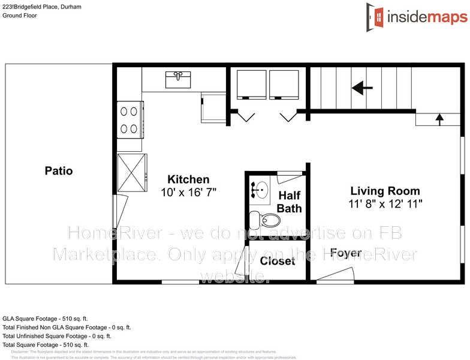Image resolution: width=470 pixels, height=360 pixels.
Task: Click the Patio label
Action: coord(59,171)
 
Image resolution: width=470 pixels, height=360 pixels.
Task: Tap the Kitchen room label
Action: coord(188,179)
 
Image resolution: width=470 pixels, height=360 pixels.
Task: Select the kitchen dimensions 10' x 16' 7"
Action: coord(188,193)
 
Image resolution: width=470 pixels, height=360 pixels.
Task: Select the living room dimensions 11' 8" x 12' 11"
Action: coord(386,204)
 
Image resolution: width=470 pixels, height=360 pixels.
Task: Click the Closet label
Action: coord(277,261)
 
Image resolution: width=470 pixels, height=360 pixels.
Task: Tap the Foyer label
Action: coord(346,253)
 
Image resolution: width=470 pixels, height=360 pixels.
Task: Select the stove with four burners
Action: coord(129,119)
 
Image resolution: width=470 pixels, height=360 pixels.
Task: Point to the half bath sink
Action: coord(260,190)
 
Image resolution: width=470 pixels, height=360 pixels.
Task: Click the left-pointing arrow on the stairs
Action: coord(362,89)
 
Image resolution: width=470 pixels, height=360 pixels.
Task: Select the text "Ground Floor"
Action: coord(19,16)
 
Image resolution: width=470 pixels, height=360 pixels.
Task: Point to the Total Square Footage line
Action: coord(46,345)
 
